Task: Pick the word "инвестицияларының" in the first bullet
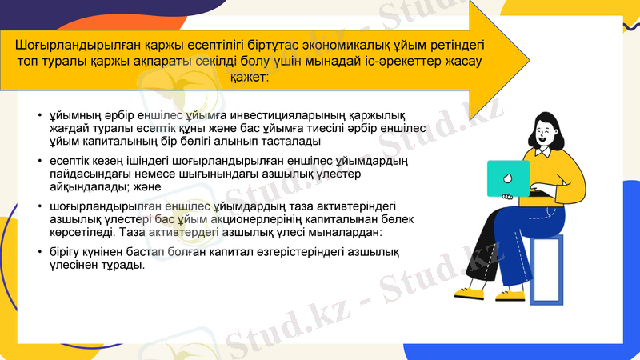coord(258,115)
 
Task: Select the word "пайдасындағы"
coord(86,174)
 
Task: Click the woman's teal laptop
coord(509,178)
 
